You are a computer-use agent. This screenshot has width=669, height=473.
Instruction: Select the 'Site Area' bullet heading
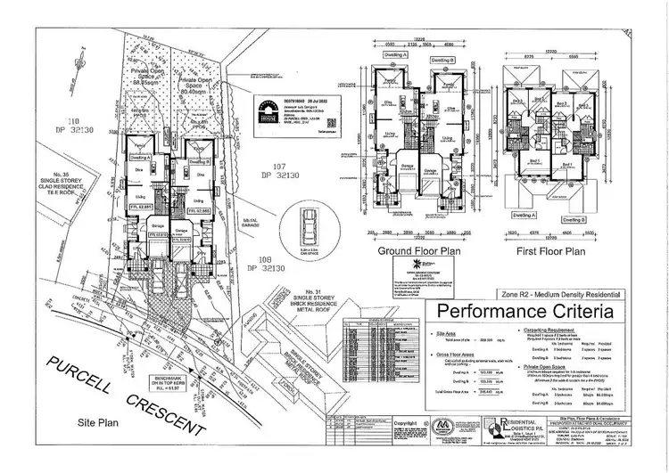point(454,334)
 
